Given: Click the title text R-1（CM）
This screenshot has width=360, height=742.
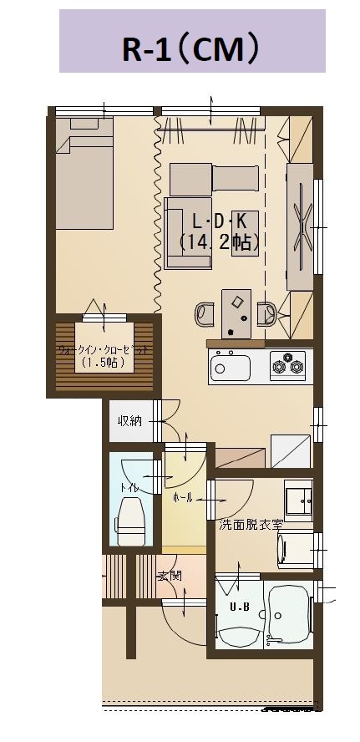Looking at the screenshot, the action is point(191,48).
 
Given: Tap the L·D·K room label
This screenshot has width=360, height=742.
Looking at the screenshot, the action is point(219,221).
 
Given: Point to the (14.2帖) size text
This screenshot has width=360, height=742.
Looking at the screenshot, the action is point(219,243).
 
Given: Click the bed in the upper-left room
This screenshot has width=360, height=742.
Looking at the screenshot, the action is point(84,173).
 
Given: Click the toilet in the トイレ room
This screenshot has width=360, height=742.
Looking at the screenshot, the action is point(130,520).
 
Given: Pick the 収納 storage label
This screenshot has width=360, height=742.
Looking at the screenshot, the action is point(129,420).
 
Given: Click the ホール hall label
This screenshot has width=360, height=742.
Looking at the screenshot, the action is point(183,498).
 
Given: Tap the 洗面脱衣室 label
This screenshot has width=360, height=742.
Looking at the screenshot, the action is point(251,525).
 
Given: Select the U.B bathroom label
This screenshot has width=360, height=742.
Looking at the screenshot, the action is point(240,607).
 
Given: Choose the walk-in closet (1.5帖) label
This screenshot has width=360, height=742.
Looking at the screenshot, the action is point(104,356).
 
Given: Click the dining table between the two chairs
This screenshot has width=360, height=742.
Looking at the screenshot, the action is point(236,313).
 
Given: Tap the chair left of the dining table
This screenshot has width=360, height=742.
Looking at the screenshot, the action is point(205,314).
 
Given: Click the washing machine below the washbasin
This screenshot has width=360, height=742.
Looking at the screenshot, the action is point(296,550).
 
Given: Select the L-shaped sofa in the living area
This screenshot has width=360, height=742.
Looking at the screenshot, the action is point(188,233).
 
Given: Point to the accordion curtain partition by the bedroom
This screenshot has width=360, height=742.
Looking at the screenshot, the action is point(158,215).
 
